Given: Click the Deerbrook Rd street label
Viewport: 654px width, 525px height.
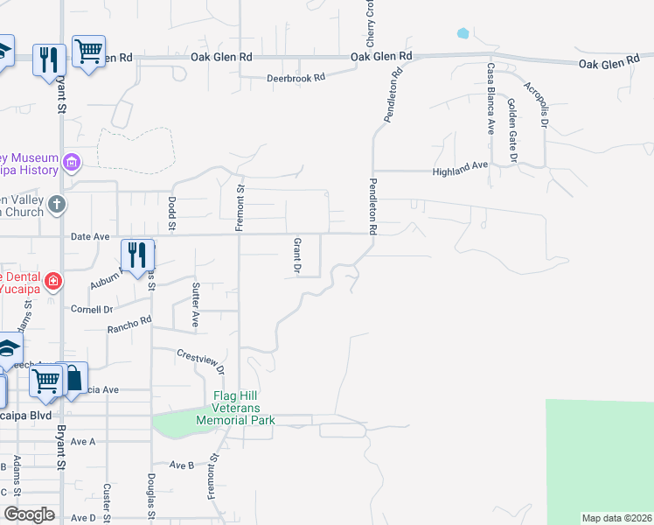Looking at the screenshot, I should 296,77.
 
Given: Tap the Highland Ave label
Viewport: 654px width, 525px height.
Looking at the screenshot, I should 461,167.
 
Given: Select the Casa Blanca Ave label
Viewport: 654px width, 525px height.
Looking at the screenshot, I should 491,97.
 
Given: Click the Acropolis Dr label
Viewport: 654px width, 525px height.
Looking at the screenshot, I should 536,104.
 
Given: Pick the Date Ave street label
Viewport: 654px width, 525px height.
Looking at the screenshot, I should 90,236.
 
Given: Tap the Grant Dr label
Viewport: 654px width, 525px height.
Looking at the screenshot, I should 296,255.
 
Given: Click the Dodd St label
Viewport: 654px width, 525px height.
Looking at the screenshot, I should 171,213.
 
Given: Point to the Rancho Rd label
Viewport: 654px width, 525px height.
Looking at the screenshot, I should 129,325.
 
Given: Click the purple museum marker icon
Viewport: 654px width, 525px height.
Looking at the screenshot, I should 71,162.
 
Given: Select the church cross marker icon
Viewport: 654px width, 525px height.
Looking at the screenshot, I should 57,205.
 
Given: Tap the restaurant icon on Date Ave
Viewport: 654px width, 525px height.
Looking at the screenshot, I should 137,255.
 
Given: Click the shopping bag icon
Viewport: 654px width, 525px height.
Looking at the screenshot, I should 73,379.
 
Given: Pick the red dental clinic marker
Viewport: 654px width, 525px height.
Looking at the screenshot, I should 53,282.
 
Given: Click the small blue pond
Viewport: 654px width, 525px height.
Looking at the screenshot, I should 462,34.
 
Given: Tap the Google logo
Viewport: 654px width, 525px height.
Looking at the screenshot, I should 29,514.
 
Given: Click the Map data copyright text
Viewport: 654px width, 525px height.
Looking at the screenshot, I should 616,518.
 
